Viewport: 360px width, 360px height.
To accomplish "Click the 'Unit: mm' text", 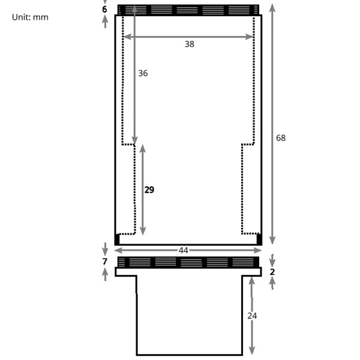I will pyautogui.click(x=30, y=17).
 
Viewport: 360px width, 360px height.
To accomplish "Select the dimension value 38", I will pyautogui.click(x=190, y=44).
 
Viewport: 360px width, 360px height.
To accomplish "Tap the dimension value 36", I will pyautogui.click(x=143, y=73).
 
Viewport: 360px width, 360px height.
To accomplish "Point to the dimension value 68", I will pyautogui.click(x=281, y=138).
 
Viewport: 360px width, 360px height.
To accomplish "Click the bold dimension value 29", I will pyautogui.click(x=149, y=190).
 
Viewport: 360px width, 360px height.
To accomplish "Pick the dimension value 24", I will pyautogui.click(x=252, y=315).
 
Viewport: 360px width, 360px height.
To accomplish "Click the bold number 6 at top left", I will pyautogui.click(x=104, y=10).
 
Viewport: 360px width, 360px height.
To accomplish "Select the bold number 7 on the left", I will pyautogui.click(x=104, y=262).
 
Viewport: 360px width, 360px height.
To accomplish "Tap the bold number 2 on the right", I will pyautogui.click(x=272, y=272).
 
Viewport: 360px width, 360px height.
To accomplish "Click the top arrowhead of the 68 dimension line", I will pyautogui.click(x=273, y=7).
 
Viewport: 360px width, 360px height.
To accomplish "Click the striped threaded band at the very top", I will pyautogui.click(x=188, y=10).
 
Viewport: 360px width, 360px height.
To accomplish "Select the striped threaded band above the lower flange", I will pyautogui.click(x=188, y=262).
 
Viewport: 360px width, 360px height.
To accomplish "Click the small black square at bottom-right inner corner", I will pyautogui.click(x=259, y=239).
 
